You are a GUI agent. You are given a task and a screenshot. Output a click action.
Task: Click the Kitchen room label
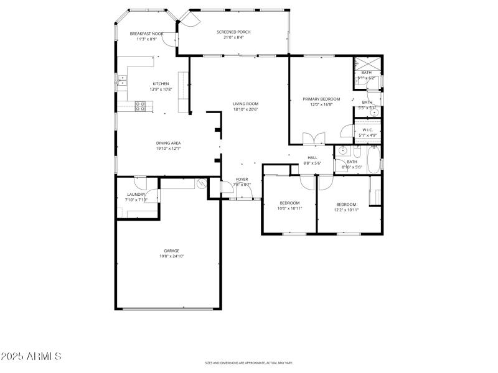pyautogui.click(x=161, y=84)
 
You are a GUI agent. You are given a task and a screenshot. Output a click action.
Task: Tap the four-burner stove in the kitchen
pyautogui.click(x=141, y=107)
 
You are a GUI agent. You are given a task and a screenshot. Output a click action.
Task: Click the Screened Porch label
pyautogui.click(x=233, y=32)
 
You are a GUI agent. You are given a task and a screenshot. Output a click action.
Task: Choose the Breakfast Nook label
pyautogui.click(x=146, y=34)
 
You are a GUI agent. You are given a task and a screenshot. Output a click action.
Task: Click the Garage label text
pyautogui.click(x=172, y=251)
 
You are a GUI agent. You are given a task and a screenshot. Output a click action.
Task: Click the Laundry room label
pyautogui.click(x=136, y=195)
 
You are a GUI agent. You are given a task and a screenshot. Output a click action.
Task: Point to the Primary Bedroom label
pyautogui.click(x=321, y=99)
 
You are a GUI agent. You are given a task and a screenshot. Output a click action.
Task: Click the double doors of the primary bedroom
pyautogui.click(x=313, y=139)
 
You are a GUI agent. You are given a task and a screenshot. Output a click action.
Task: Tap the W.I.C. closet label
pyautogui.click(x=367, y=130)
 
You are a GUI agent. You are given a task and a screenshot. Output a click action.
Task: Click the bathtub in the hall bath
pyautogui.click(x=374, y=160)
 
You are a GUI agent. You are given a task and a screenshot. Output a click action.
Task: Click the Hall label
pyautogui.click(x=312, y=157)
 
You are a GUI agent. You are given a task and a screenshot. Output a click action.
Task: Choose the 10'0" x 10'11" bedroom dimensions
pyautogui.click(x=289, y=208)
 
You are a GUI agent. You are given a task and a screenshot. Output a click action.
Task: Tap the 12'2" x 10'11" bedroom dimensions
pyautogui.click(x=346, y=210)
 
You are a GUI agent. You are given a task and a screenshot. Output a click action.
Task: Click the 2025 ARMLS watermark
pyautogui.click(x=31, y=356)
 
